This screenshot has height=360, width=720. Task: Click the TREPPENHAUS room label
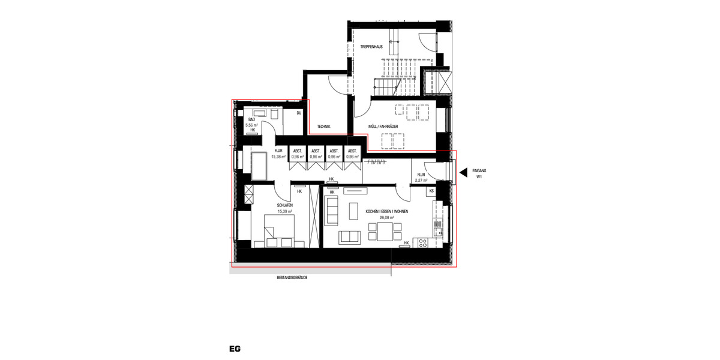pyautogui.click(x=372, y=46)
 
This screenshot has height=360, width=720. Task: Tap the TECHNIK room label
pyautogui.click(x=324, y=126)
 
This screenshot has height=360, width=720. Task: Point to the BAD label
pyautogui.click(x=252, y=119)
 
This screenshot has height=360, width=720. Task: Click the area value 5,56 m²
pyautogui.click(x=252, y=125)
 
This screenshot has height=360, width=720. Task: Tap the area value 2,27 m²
pyautogui.click(x=421, y=180)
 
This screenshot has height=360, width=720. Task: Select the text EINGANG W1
pyautogui.click(x=479, y=174)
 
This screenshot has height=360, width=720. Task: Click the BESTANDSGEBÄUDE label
pyautogui.click(x=292, y=278)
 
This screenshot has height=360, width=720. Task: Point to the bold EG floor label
pyautogui.click(x=235, y=349)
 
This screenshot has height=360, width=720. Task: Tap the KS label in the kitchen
pyautogui.click(x=431, y=191)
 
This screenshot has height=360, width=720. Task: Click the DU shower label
pyautogui.click(x=298, y=113)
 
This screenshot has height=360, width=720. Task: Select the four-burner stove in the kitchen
pyautogui.click(x=423, y=242)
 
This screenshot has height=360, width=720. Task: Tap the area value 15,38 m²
pyautogui.click(x=278, y=157)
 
